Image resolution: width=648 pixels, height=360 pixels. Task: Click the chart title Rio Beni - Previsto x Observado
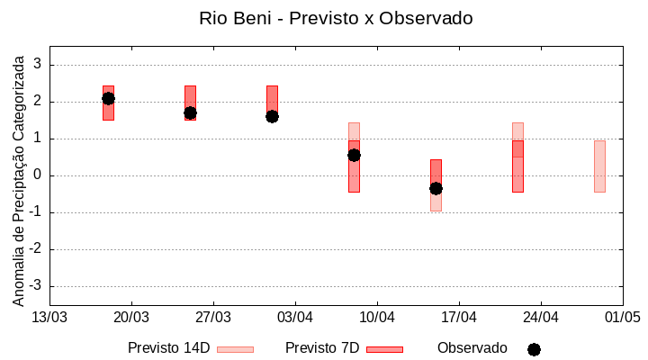click(x=336, y=18)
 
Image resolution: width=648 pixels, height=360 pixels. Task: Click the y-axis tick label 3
click(x=39, y=65)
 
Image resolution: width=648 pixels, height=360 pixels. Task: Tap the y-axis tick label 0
click(x=39, y=175)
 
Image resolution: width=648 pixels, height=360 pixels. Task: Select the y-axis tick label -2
click(x=36, y=249)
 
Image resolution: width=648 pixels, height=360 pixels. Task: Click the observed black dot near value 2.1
click(x=108, y=98)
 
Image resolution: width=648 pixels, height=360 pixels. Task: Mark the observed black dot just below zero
click(x=436, y=188)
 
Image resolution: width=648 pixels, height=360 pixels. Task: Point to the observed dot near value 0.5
click(x=354, y=155)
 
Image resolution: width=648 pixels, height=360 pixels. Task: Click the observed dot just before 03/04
click(x=272, y=116)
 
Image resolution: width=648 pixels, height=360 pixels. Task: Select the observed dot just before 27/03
click(x=190, y=113)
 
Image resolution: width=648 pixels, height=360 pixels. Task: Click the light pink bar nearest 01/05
click(x=599, y=166)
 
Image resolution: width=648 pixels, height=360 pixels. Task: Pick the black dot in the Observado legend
click(x=534, y=349)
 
